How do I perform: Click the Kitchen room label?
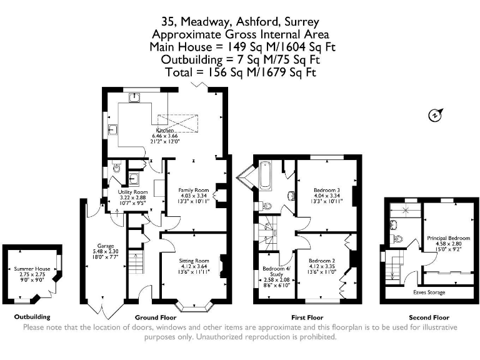point(156,130)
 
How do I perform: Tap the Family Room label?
point(193,189)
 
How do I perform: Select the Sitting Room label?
point(194,260)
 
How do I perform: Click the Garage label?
point(104,246)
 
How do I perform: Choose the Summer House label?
point(31,269)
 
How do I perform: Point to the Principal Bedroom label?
point(449,238)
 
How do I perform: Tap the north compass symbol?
point(436,115)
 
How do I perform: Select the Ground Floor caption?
point(154,317)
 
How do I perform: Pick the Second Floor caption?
point(428,317)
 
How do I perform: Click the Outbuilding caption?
point(32,317)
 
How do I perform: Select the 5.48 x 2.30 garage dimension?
point(104,251)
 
